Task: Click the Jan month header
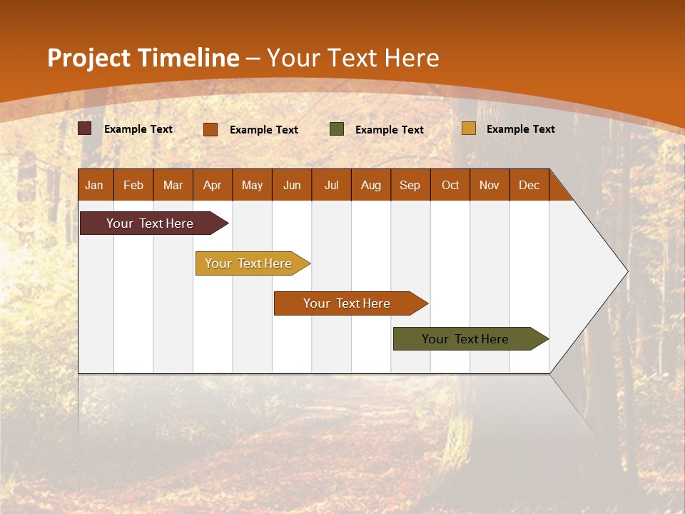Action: pos(95,185)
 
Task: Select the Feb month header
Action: pos(133,185)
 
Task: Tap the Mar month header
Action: pos(173,185)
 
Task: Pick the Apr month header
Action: pos(213,185)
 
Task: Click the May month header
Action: pos(252,185)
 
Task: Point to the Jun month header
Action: pos(292,185)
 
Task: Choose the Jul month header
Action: pos(331,185)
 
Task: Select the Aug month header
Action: pos(371,185)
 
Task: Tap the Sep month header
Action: pos(410,185)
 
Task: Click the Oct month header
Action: pos(450,185)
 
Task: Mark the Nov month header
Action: pos(489,185)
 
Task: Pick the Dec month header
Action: pos(529,185)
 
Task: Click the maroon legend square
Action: pos(85,128)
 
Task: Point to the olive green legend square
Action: pos(337,129)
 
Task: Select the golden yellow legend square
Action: pos(469,128)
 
